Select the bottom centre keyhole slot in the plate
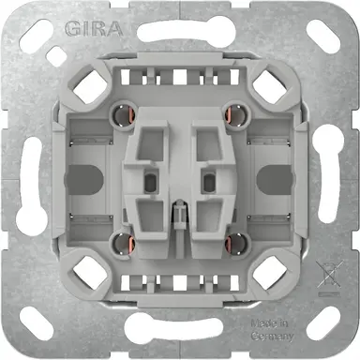point(180,332)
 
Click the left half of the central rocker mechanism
point(155,178)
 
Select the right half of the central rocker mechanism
point(206,178)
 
